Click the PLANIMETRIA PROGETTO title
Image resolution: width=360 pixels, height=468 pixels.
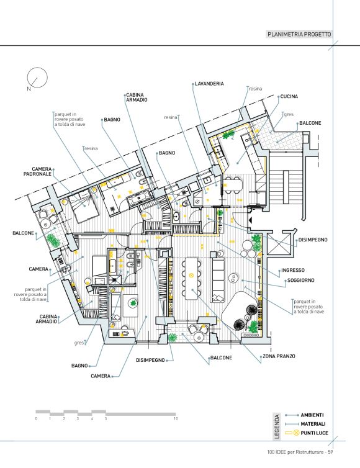click(299, 34)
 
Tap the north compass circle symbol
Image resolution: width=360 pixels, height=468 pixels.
click(37, 78)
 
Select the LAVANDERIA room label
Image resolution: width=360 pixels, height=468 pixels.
click(209, 84)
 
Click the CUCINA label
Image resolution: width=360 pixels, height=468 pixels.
click(289, 96)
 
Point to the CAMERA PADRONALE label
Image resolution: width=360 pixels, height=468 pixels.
click(38, 171)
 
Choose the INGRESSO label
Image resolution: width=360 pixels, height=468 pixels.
click(293, 270)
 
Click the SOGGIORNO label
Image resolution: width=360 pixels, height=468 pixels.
click(300, 281)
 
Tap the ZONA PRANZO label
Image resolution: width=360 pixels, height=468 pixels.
click(279, 356)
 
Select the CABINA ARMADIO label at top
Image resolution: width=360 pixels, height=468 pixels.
click(137, 97)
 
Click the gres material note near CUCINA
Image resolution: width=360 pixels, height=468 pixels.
click(289, 114)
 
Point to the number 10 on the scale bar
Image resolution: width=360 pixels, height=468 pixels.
click(176, 418)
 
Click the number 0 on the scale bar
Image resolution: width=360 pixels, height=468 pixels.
click(36, 418)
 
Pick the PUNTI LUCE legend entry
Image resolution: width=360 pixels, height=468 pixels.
click(314, 433)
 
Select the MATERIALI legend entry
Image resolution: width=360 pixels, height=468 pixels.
click(313, 424)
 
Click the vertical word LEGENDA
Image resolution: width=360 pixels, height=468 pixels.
click(277, 426)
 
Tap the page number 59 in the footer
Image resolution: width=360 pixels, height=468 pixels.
click(330, 452)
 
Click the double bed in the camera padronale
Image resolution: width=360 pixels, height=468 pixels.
click(84, 205)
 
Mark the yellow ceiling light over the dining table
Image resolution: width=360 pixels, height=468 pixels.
click(192, 274)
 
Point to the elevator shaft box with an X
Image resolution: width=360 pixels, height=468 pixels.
click(279, 243)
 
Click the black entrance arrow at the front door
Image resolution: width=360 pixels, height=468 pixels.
click(251, 220)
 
